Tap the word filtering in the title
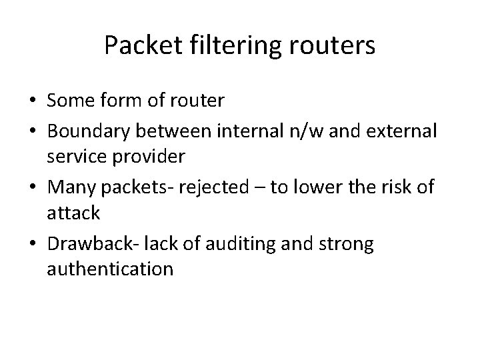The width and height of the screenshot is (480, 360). tap(213, 45)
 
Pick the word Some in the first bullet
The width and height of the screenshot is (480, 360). tap(69, 102)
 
